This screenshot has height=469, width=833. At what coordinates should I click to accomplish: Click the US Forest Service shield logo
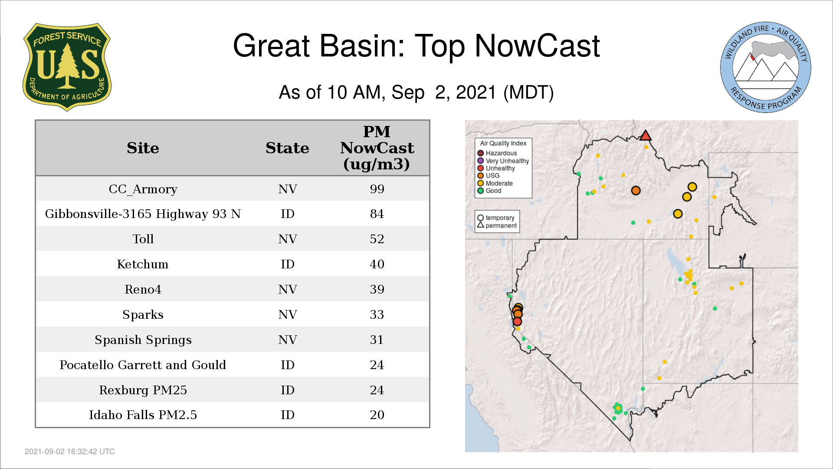pos(67,67)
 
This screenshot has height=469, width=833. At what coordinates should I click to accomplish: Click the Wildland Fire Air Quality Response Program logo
pos(766,67)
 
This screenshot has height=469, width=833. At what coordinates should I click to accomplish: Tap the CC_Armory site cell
pos(143,189)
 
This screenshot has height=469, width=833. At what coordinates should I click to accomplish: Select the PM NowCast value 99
pos(377,189)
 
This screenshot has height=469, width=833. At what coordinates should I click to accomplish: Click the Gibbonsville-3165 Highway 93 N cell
pos(143,214)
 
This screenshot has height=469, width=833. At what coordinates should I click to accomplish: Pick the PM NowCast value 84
pos(377,214)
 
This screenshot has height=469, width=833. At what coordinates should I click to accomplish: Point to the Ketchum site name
pos(143,264)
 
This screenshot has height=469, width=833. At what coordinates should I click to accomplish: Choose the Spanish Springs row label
pos(143,340)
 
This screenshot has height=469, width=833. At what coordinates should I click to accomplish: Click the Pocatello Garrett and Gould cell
pos(143,365)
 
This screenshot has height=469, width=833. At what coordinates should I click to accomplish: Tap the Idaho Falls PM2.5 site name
pos(143,415)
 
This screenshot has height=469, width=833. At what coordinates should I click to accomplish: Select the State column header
pos(287,148)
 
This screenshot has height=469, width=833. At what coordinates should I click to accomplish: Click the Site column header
pos(143,148)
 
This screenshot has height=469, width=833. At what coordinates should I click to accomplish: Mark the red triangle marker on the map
pos(646,135)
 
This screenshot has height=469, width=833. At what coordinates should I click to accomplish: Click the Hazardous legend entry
pos(497,153)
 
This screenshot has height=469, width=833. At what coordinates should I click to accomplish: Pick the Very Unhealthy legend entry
pos(503,161)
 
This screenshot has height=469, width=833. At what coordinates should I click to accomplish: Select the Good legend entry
pos(489,191)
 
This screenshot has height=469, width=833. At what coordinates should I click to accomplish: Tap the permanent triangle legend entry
pos(497,225)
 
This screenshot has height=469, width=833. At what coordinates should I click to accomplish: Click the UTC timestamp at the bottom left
pos(70,452)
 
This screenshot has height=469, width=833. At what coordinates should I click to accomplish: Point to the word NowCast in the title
pos(537,46)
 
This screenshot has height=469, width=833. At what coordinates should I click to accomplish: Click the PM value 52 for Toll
pos(377,239)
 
